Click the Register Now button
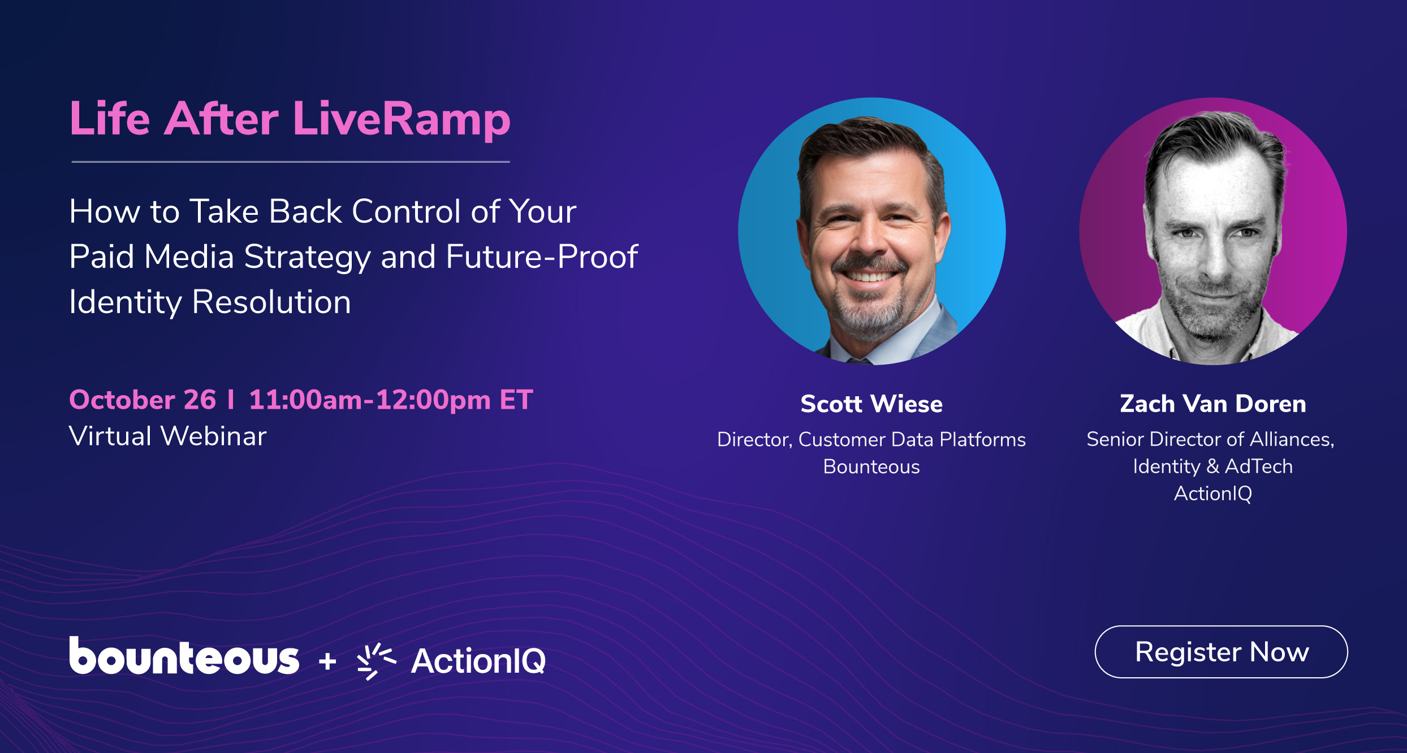[x=1221, y=652]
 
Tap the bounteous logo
[x=184, y=657]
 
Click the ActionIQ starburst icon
[x=375, y=661]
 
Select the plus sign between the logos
[x=327, y=661]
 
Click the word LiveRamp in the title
[x=402, y=119]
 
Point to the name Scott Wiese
[x=871, y=404]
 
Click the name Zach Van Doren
[x=1212, y=404]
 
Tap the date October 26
[x=143, y=400]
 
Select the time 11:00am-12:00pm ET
[x=390, y=400]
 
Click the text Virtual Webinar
[x=167, y=436]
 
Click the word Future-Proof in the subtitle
[x=541, y=257]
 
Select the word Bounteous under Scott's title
[x=871, y=466]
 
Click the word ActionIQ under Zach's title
[x=1212, y=494]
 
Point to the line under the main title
[x=291, y=162]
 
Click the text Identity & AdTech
[x=1212, y=466]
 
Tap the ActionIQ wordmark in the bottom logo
[x=478, y=661]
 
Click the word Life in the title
[x=110, y=119]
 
